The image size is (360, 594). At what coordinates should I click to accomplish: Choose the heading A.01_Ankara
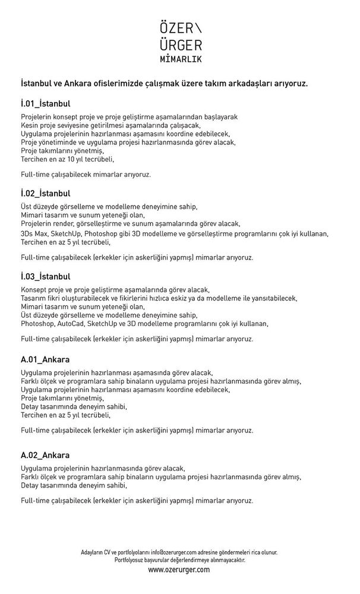(x=45, y=359)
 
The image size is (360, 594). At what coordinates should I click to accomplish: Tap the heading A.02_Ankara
(x=45, y=455)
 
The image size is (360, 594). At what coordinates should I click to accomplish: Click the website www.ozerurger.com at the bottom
(x=179, y=569)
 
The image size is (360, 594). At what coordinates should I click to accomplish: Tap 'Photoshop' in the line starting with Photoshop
(x=37, y=324)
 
